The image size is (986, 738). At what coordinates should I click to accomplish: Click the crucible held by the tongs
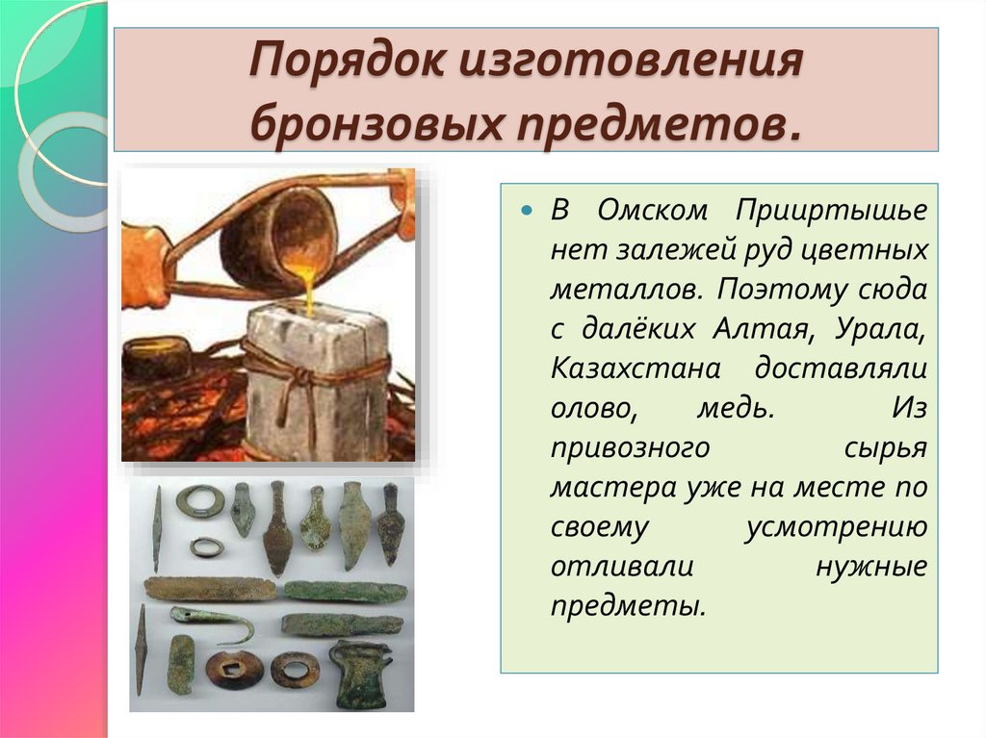pos(277,237)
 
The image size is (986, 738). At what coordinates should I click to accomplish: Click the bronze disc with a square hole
pos(234,669)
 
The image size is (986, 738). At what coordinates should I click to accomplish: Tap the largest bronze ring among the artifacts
pos(200,501)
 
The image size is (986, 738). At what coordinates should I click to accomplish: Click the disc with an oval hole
pos(295,668)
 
